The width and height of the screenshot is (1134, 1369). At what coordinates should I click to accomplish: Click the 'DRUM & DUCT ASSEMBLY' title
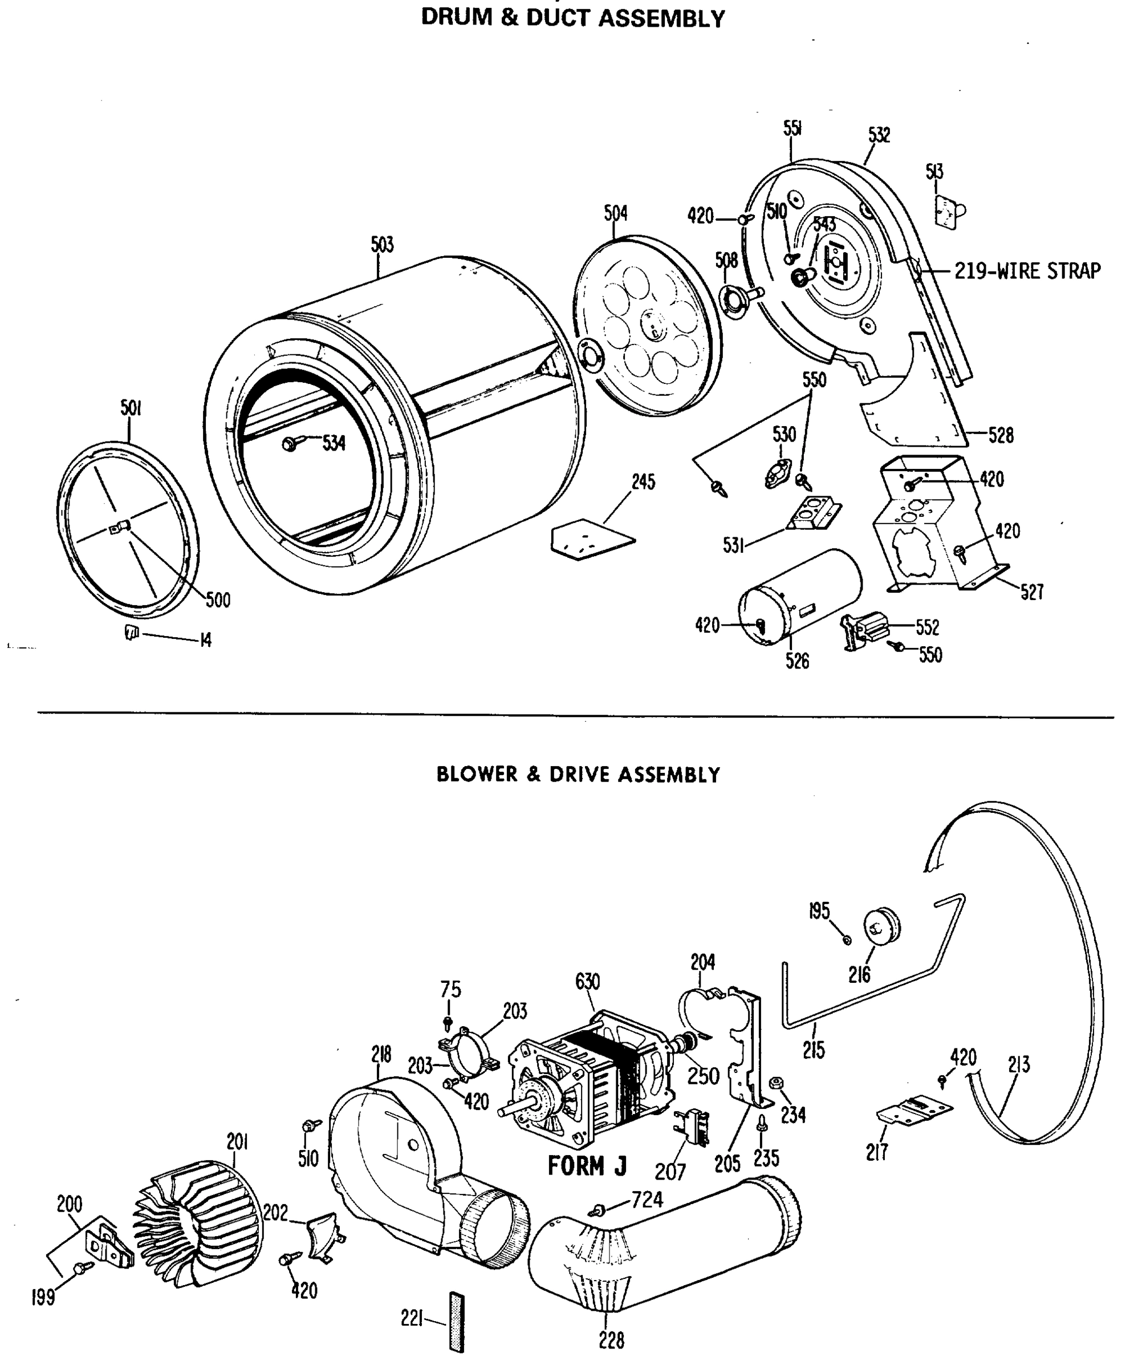572,18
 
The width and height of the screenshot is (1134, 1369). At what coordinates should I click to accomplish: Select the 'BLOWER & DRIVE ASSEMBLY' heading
578,775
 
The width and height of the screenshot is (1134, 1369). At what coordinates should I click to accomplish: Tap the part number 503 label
383,245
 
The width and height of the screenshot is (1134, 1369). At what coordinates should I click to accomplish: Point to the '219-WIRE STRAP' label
1028,270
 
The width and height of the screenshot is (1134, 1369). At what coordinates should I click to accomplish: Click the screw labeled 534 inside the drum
288,444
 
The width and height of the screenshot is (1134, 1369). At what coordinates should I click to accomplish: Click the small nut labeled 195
847,939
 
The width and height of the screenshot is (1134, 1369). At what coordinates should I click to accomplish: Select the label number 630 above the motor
587,981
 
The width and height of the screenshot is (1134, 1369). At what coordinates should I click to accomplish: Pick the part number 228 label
611,1340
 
